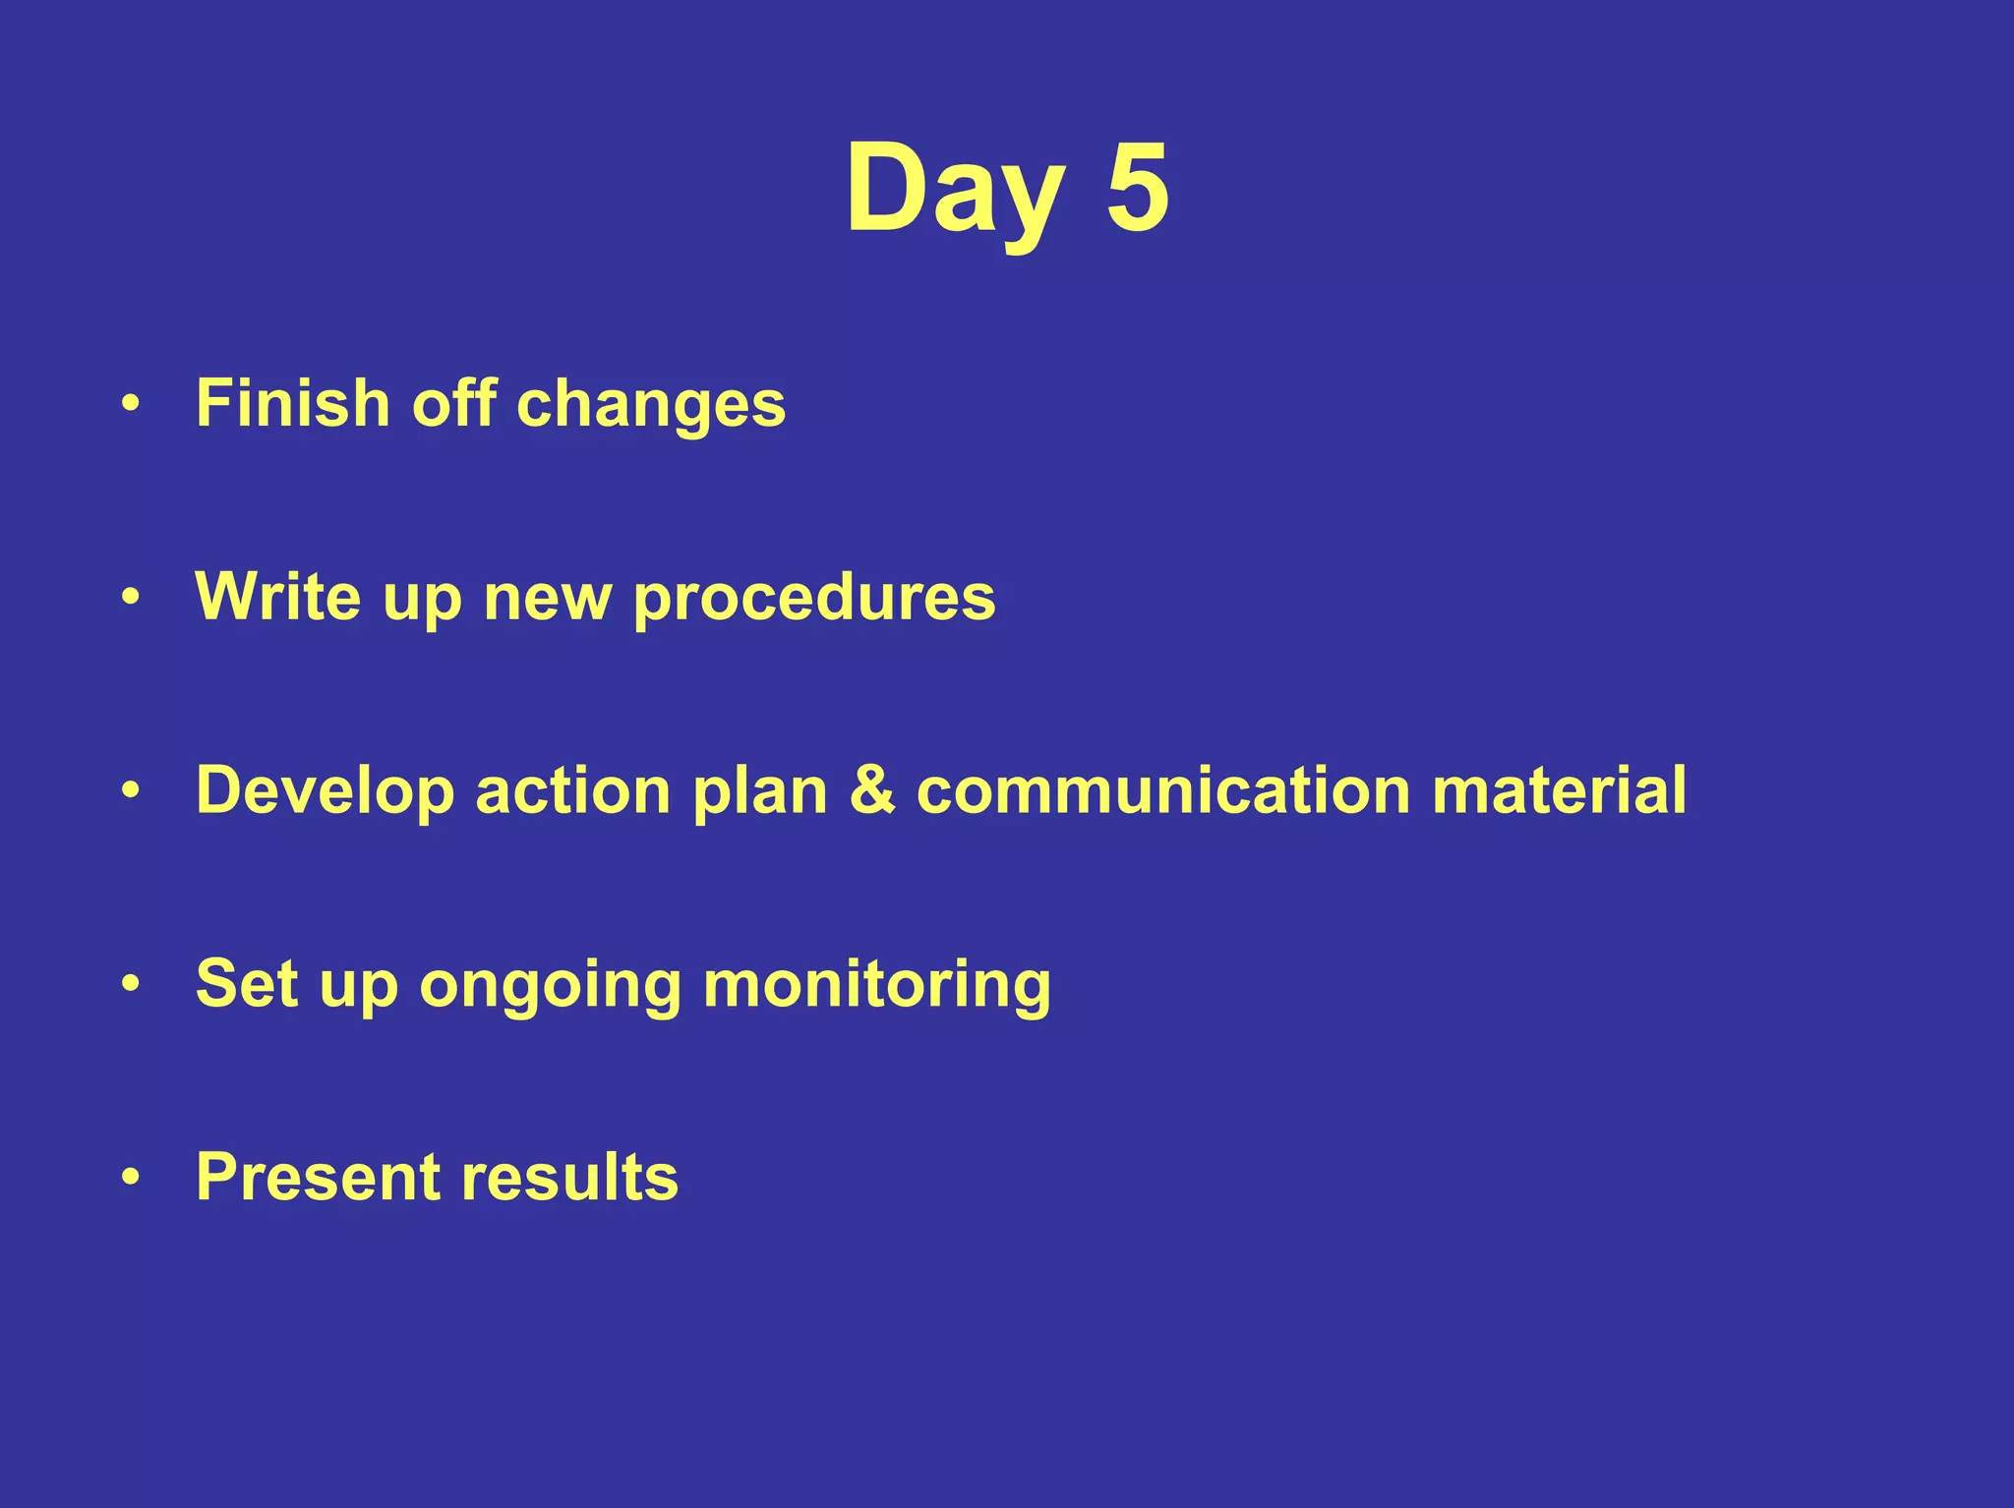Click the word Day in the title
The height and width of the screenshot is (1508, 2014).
(954, 189)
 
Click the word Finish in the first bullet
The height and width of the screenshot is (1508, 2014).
(293, 403)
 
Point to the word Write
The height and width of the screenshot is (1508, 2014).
(278, 597)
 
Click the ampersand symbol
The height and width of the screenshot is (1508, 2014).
(871, 790)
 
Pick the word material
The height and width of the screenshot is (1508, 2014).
(1559, 790)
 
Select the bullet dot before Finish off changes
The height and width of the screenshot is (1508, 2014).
(131, 404)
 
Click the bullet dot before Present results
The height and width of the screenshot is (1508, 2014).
(131, 1177)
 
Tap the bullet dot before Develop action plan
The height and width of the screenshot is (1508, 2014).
(131, 790)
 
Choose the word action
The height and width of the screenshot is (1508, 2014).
(572, 790)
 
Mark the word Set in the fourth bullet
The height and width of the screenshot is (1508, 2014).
(246, 983)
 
